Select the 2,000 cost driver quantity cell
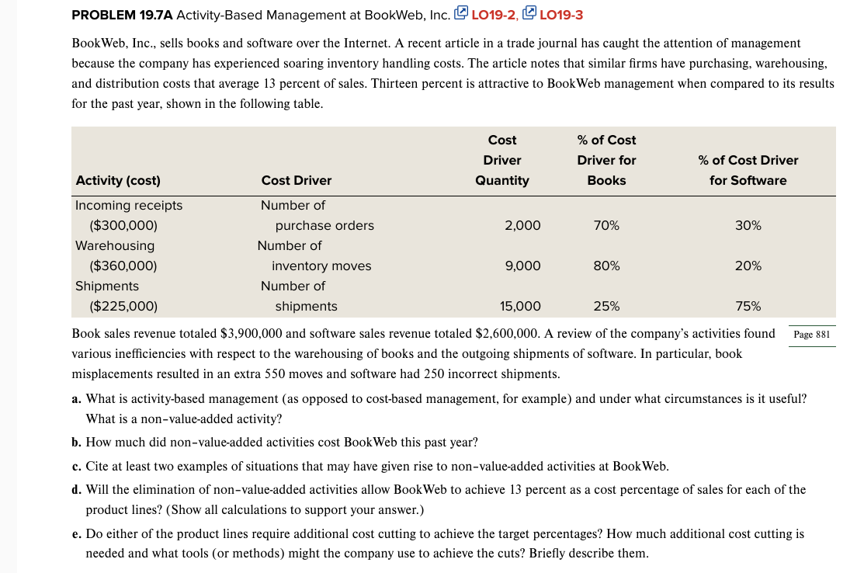point(522,225)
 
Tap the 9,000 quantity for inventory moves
point(522,266)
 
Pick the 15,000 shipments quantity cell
point(520,306)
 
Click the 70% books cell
point(606,225)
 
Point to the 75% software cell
point(748,306)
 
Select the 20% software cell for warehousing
point(748,266)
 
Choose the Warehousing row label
point(115,245)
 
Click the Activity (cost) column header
point(118,180)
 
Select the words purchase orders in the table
point(324,225)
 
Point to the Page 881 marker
point(812,335)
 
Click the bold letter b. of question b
point(76,443)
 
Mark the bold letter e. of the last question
point(76,534)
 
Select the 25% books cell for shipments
point(606,306)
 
